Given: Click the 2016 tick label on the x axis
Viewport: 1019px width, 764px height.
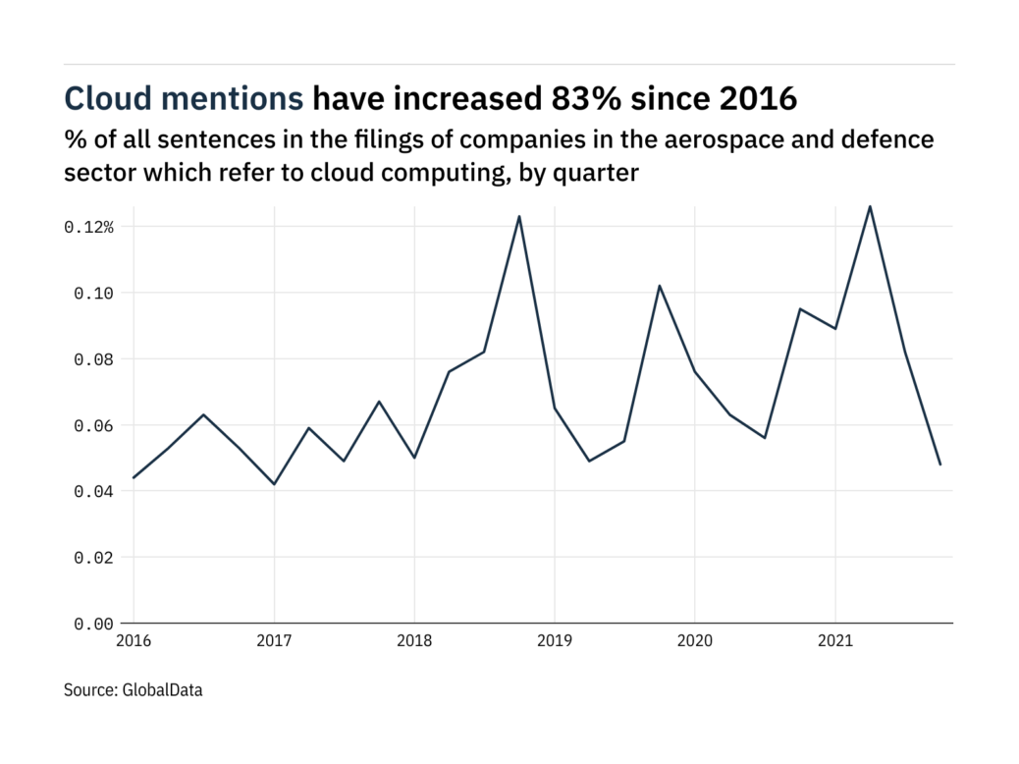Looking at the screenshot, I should pyautogui.click(x=133, y=641).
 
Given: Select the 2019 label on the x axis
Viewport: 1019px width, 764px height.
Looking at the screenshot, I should pyautogui.click(x=554, y=641).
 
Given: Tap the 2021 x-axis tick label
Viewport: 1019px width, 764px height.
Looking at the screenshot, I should pyautogui.click(x=834, y=641).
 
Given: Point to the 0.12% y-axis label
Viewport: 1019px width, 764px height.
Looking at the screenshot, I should pyautogui.click(x=89, y=227).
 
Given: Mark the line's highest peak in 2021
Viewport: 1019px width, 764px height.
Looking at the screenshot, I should pyautogui.click(x=870, y=206).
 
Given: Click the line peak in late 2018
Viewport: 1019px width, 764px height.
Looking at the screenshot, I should pyautogui.click(x=519, y=216).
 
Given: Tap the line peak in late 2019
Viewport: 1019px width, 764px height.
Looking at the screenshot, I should pyautogui.click(x=660, y=286).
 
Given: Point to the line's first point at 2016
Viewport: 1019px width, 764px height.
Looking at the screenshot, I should pyautogui.click(x=134, y=477).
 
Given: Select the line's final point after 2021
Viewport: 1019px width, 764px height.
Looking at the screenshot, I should pyautogui.click(x=940, y=464).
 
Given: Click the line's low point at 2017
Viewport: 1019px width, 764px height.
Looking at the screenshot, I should pyautogui.click(x=274, y=484).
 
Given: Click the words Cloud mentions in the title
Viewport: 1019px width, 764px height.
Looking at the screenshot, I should pyautogui.click(x=184, y=98).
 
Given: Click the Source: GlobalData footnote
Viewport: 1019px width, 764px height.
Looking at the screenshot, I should pyautogui.click(x=134, y=690).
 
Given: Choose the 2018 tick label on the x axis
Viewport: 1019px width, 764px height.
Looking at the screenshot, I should pyautogui.click(x=413, y=641).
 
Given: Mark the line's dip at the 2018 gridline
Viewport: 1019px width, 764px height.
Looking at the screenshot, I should pyautogui.click(x=414, y=458).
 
